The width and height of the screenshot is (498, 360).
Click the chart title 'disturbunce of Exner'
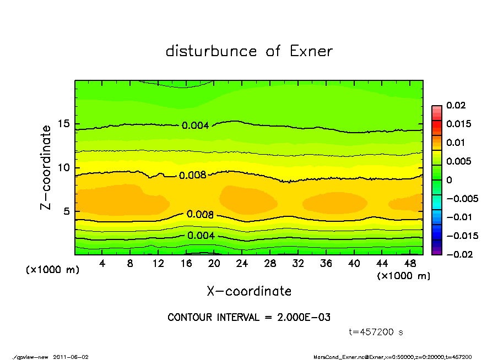coord(249,51)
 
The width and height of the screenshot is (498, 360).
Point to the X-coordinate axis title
coord(249,291)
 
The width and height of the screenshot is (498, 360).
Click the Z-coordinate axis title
coord(46,167)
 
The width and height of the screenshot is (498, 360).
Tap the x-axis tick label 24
coord(242,263)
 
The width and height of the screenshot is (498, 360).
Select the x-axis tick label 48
coord(410,263)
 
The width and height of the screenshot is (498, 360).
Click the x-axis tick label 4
coord(102,263)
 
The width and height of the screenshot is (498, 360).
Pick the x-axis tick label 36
coord(326,263)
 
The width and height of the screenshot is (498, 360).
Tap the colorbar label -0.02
coord(458,254)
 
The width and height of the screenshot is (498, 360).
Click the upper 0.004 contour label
coord(196,126)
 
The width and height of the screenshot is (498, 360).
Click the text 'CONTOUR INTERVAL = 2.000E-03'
coord(249,317)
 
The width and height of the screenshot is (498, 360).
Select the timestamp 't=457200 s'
coord(376,332)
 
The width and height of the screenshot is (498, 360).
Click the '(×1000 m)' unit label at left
coord(52,270)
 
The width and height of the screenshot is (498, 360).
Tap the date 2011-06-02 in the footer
coord(71,357)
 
